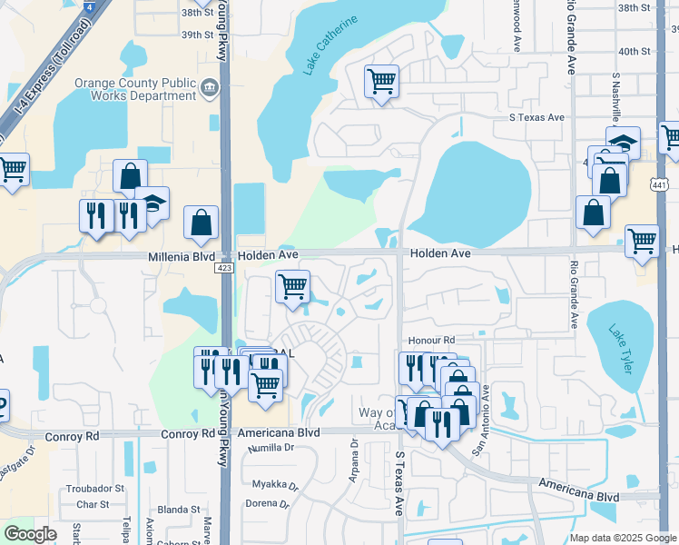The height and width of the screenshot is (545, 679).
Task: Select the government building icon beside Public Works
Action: pyautogui.click(x=211, y=87)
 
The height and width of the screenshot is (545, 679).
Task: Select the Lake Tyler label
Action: pyautogui.click(x=625, y=342)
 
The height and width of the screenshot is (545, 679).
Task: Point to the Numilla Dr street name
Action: pyautogui.click(x=265, y=447)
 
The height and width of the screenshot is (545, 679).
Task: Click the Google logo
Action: pyautogui.click(x=30, y=534)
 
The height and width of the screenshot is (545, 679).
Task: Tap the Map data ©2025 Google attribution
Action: pyautogui.click(x=623, y=538)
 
